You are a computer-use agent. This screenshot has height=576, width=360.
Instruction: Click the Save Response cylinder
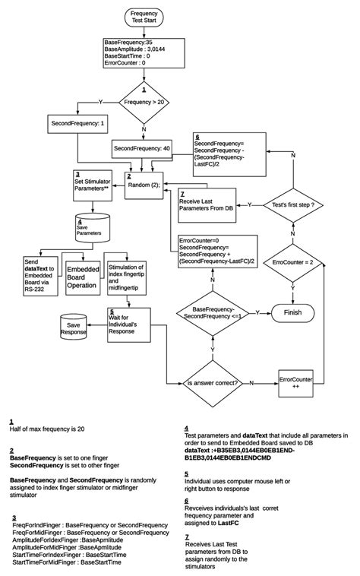(x=74, y=328)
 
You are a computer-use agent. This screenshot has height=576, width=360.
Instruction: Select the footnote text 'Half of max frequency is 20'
(x=47, y=429)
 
